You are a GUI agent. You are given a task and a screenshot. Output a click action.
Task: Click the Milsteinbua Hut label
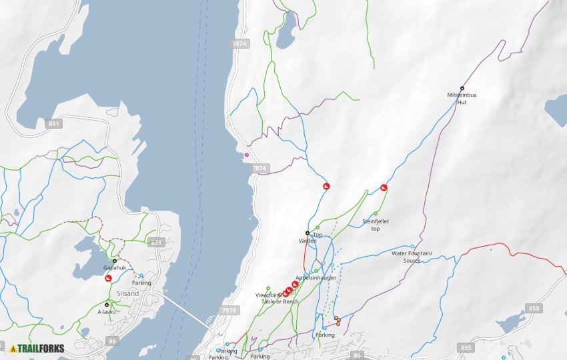pyautogui.click(x=462, y=98)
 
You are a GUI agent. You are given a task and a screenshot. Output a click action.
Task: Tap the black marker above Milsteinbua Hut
pyautogui.click(x=462, y=88)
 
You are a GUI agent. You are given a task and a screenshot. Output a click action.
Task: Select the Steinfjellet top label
pyautogui.click(x=376, y=225)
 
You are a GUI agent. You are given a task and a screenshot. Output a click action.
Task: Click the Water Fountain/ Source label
pyautogui.click(x=412, y=257)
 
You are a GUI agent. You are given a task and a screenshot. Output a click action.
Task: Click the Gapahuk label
pyautogui.click(x=114, y=268)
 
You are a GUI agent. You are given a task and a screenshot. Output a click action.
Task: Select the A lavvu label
pyautogui.click(x=107, y=311)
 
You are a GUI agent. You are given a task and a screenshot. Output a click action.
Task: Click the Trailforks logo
pyautogui.click(x=37, y=348)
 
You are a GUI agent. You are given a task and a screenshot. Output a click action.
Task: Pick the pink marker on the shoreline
pyautogui.click(x=247, y=155)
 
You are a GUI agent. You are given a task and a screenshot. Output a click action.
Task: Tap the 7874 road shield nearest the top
pyautogui.click(x=239, y=43)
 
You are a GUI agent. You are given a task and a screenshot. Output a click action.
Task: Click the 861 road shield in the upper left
pyautogui.click(x=55, y=123)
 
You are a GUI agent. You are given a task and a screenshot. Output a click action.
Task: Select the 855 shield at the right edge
pyautogui.click(x=533, y=308)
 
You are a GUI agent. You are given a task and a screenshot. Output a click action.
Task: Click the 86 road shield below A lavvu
pyautogui.click(x=111, y=341)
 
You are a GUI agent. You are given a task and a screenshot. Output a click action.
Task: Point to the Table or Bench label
pyautogui.click(x=280, y=301)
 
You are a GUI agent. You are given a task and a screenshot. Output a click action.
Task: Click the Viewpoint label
pyautogui.click(x=267, y=295)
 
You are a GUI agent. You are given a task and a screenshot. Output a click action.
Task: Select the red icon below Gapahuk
pyautogui.click(x=108, y=278)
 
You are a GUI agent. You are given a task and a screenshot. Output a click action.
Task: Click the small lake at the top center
pyautogui.click(x=286, y=31)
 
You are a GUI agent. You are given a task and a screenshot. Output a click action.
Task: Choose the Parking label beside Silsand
pyautogui.click(x=141, y=283)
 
